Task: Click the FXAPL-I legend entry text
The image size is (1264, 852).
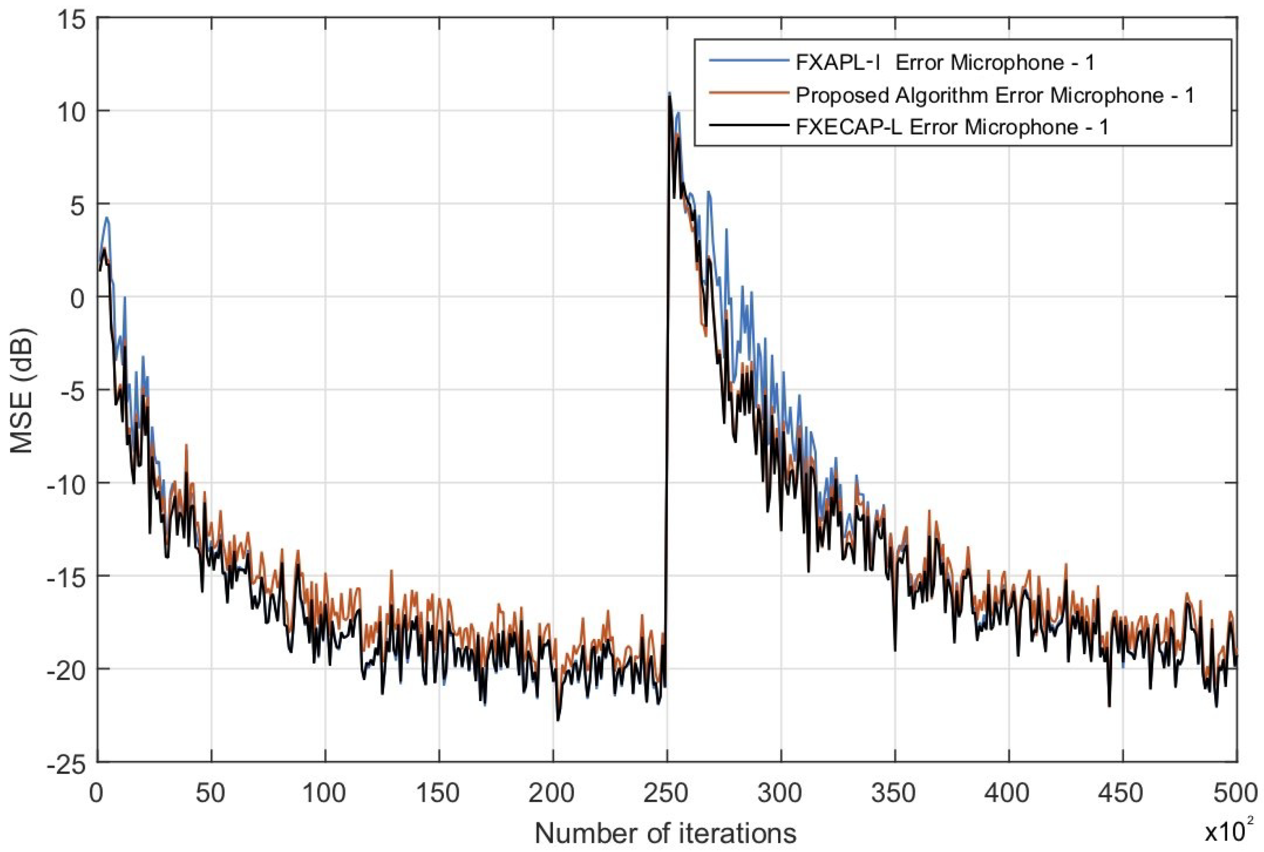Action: coord(945,63)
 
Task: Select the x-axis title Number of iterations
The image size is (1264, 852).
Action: coord(666,833)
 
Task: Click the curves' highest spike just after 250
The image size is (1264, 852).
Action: coord(670,93)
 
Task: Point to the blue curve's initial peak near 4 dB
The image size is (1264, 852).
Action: coord(107,218)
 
